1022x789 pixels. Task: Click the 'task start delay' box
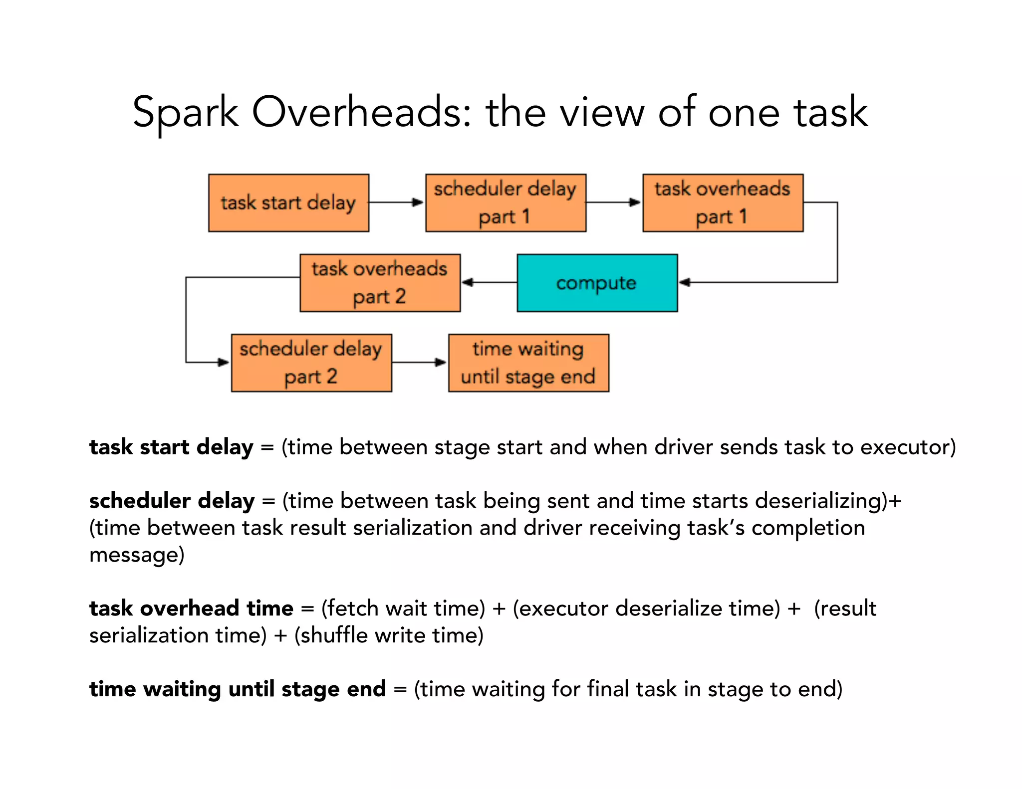[288, 203]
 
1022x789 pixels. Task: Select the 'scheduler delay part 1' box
[506, 203]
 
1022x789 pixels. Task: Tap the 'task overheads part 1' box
[723, 203]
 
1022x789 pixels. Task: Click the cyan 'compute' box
[597, 283]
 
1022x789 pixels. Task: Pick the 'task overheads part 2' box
[380, 283]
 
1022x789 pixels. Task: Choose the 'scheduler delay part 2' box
[311, 363]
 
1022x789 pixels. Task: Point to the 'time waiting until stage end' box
[528, 363]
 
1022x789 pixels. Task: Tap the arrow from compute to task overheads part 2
[489, 282]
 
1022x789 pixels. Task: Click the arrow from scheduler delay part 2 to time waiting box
[420, 362]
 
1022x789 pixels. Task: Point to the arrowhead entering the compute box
[685, 282]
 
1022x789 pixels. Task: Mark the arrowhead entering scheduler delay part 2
[224, 362]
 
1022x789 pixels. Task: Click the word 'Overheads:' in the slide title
[361, 112]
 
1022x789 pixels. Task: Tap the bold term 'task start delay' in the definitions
[171, 447]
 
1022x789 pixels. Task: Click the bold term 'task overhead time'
[191, 608]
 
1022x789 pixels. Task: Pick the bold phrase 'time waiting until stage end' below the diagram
[238, 689]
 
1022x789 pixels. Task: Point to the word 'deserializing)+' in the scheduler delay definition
[828, 501]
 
